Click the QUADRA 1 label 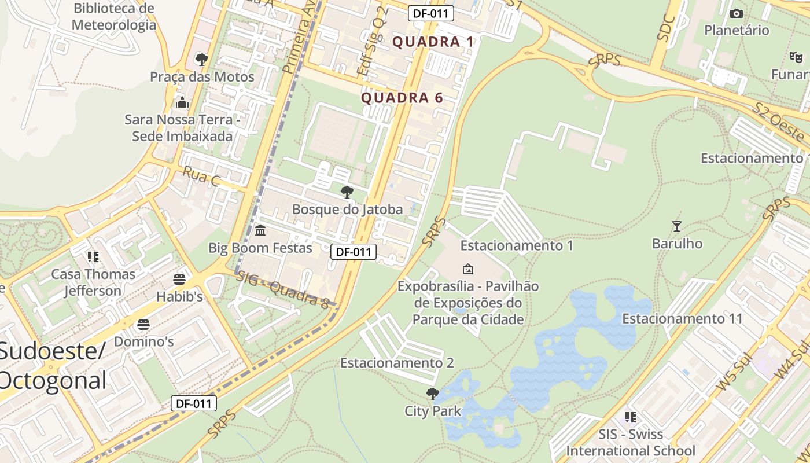(433, 42)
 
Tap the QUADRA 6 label (402, 98)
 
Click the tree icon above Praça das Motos (202, 59)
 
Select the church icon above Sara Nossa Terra (182, 102)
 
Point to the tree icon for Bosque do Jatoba (347, 192)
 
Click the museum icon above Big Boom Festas (260, 230)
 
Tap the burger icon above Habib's (179, 280)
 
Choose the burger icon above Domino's (143, 324)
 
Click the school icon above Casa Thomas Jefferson (93, 256)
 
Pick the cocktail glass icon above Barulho (676, 226)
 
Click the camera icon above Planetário (737, 13)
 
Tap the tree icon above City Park (432, 394)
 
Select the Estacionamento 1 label (517, 245)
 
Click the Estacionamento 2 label (397, 363)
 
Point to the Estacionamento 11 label (682, 318)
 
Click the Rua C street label (201, 176)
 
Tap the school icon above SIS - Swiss (631, 417)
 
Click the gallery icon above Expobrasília (468, 269)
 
